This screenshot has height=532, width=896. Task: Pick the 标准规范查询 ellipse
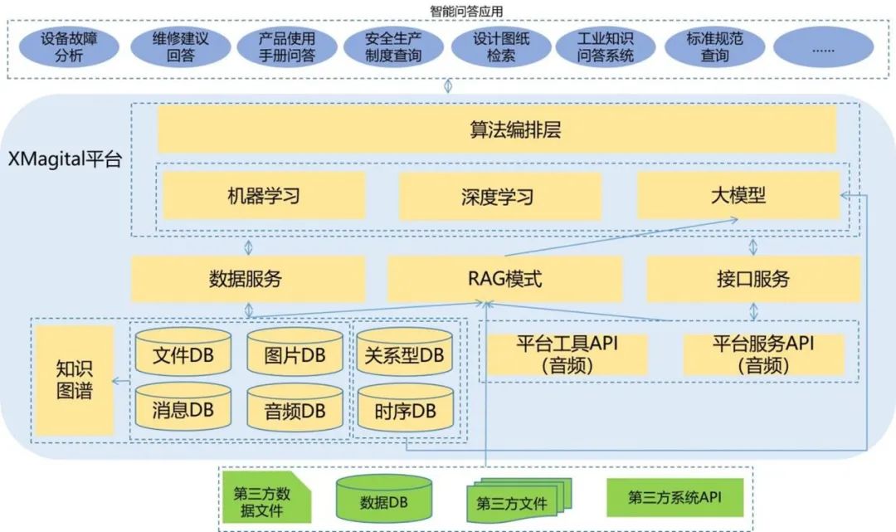(x=715, y=48)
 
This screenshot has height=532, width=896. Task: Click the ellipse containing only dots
(x=823, y=48)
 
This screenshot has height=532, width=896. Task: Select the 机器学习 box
(x=263, y=197)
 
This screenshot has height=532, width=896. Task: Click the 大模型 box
(x=738, y=196)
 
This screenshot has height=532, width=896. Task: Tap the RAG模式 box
(x=504, y=279)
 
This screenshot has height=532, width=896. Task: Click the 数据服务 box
(x=248, y=279)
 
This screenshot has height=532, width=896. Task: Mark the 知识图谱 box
(x=75, y=380)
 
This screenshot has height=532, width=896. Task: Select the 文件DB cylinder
(x=183, y=355)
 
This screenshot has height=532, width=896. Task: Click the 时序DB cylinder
(x=405, y=410)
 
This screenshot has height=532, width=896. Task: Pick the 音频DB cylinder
(x=295, y=410)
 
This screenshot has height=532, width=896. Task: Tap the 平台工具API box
(x=568, y=354)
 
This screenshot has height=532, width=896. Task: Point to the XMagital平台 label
(x=65, y=160)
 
